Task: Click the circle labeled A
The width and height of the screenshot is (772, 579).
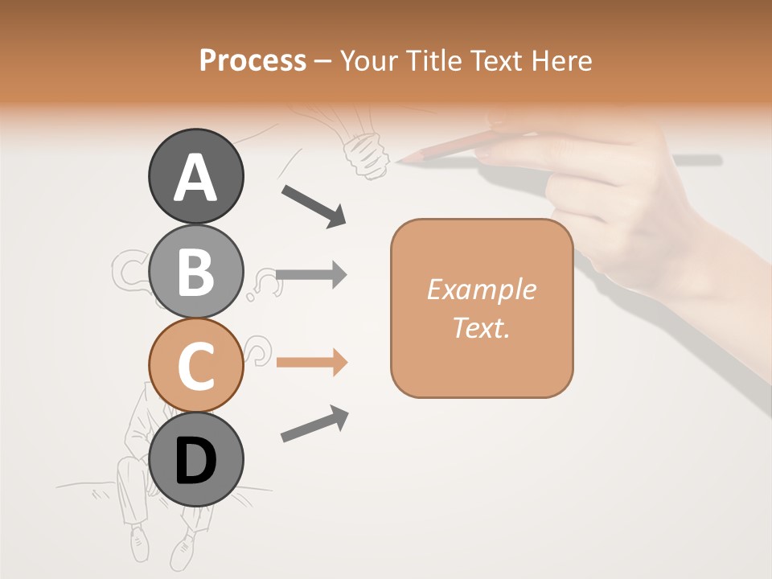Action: coord(196,176)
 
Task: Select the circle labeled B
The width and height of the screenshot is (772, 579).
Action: coord(196,271)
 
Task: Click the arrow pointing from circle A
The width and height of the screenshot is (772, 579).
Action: coord(314,206)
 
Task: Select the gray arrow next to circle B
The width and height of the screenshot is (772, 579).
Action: coord(311,275)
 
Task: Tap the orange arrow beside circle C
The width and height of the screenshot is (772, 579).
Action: coord(311,362)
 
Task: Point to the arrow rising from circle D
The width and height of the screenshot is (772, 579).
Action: coord(314,424)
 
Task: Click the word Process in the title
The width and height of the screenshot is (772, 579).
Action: coord(253,61)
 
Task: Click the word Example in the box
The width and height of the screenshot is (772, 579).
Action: coord(481,289)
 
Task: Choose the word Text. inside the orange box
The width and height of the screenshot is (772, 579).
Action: coord(481,328)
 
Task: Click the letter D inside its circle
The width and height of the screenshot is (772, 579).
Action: coord(196,461)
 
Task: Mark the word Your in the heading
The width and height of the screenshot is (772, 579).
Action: coord(372,61)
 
